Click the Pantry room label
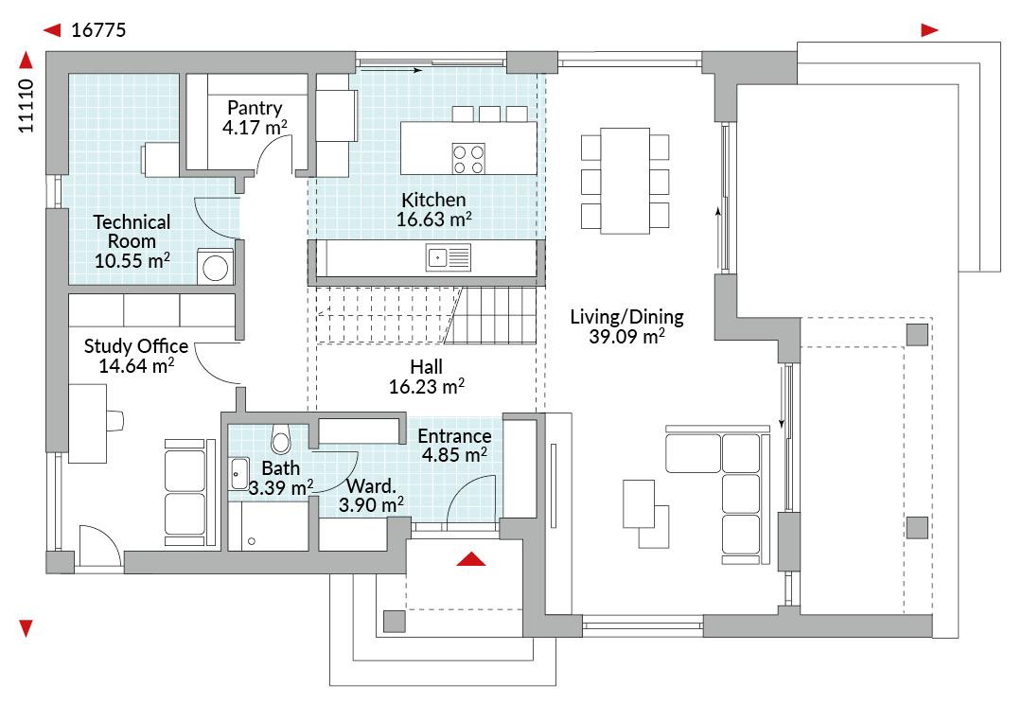tap(255, 108)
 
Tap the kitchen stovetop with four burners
tap(468, 159)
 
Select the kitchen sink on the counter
tap(449, 257)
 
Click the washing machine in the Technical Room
tap(215, 266)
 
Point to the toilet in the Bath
tap(281, 438)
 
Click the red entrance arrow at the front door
tap(471, 559)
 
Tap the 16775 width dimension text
tap(98, 30)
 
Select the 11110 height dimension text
tap(26, 106)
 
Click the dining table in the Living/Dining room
tap(626, 181)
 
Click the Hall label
tap(426, 367)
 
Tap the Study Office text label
tap(136, 346)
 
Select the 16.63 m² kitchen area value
tap(434, 220)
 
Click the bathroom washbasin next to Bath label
tap(239, 473)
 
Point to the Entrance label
tap(454, 436)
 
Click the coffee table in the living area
tap(639, 503)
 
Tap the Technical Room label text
tap(132, 231)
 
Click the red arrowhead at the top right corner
tap(929, 30)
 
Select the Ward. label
tap(371, 486)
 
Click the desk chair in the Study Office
tap(115, 420)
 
